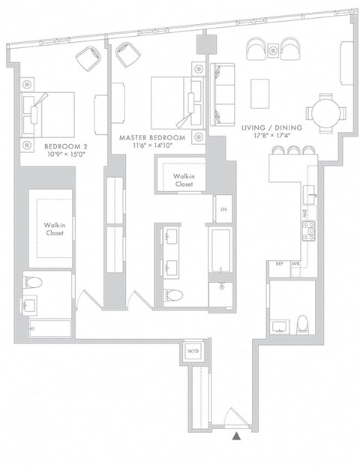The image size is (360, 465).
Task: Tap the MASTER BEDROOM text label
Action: tap(152, 139)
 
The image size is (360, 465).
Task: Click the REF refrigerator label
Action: tap(279, 264)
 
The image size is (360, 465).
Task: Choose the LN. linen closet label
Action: tap(223, 210)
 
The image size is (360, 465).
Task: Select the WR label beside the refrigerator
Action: tap(295, 264)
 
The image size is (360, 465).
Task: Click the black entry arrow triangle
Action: tap(237, 435)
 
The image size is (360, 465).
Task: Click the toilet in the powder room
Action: tap(302, 323)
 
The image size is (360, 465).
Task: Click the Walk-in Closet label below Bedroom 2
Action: tap(52, 229)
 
